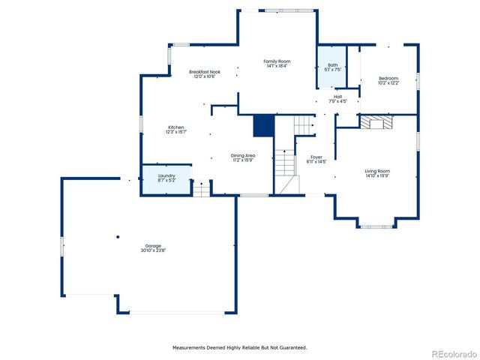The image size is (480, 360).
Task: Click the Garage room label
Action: (152, 248)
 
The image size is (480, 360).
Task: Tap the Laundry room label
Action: (166, 178)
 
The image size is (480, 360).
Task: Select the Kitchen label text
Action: (176, 129)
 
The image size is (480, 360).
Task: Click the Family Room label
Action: (276, 63)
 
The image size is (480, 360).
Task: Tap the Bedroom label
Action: (388, 80)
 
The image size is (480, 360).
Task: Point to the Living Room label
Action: (377, 173)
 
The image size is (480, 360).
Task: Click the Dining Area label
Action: (243, 157)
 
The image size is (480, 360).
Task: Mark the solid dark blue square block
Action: (262, 126)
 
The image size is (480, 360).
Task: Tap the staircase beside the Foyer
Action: (283, 172)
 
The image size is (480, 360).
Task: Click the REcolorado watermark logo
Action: (449, 353)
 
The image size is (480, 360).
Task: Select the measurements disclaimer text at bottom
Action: (240, 347)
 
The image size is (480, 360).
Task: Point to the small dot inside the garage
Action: (118, 238)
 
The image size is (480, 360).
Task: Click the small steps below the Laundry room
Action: (201, 188)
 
